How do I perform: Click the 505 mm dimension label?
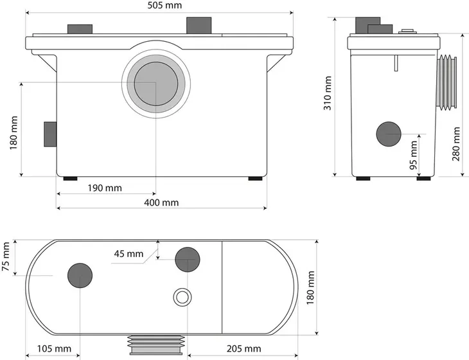coord(164,5)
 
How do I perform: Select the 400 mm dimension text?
coord(161,203)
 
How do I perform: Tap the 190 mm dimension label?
coord(105,188)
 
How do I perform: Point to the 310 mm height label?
coord(328,93)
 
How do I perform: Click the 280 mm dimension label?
coord(456,144)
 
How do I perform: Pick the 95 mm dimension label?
coord(413,156)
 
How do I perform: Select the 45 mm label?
coord(128,254)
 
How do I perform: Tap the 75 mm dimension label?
coord(6,256)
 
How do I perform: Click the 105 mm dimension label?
coord(54,348)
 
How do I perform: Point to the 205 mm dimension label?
coord(243,348)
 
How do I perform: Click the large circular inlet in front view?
coord(156,84)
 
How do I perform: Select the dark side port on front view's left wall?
coord(50,134)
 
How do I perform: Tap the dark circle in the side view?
coord(389,134)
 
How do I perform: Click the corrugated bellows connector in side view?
coord(447,82)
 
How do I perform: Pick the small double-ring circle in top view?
coord(182,298)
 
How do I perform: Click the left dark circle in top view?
coord(80,275)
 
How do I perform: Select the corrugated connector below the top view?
coord(156,345)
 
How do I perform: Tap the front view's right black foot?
coord(256,179)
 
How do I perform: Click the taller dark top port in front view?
coord(199,26)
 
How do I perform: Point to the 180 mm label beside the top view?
coord(311,287)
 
